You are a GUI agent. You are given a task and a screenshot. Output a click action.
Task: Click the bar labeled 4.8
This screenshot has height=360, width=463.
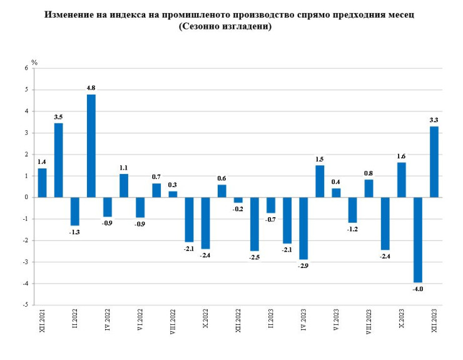pos(91,146)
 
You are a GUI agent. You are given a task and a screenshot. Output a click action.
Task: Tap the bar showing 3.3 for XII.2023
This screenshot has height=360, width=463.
pos(434,162)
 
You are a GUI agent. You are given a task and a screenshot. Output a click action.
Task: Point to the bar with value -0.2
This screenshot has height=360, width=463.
pos(238,200)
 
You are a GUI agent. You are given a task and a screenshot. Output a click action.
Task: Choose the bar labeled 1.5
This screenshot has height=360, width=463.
pos(320,181)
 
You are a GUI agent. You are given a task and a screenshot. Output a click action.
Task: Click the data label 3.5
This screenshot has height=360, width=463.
pos(58,116)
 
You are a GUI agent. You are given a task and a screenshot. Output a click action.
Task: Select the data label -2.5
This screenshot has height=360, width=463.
pos(254,257)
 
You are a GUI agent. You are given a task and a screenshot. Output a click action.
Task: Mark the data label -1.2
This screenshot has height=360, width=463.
pos(352,229)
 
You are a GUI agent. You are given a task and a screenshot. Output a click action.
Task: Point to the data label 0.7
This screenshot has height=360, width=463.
pos(156,177)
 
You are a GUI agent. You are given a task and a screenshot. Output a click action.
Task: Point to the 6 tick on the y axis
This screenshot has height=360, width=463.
pos(27,68)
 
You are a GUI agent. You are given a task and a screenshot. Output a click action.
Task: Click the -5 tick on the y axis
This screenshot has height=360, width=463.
pos(26,305)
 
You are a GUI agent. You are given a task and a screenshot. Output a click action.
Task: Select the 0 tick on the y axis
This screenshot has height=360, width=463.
pos(27,197)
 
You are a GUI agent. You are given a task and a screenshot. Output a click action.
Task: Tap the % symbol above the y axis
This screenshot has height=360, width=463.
pos(34,62)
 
